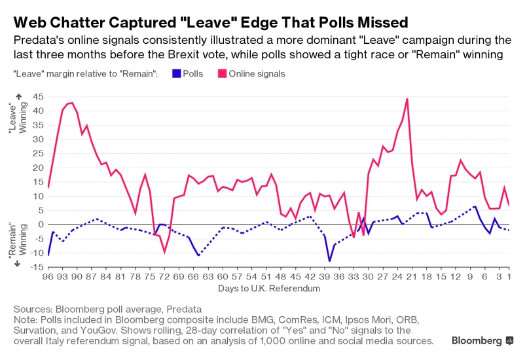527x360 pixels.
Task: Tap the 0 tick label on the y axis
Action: pyautogui.click(x=40, y=225)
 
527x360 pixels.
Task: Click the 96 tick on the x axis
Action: pyautogui.click(x=48, y=278)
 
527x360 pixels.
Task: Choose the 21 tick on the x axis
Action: pyautogui.click(x=410, y=278)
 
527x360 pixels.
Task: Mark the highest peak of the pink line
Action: pyautogui.click(x=407, y=99)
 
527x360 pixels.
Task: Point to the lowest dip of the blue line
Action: pyautogui.click(x=329, y=261)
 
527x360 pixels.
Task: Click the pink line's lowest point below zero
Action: pyautogui.click(x=165, y=253)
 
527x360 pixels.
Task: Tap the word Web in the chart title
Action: pyautogui.click(x=30, y=23)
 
